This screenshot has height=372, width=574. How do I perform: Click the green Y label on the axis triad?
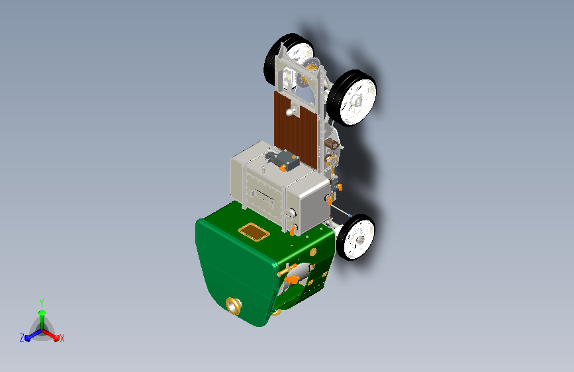(42, 303)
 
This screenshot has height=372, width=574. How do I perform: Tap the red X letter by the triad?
(62, 338)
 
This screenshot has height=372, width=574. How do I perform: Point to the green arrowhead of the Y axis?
(42, 312)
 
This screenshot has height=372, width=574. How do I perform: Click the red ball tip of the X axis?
(56, 338)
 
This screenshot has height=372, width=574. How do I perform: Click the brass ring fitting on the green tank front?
(234, 306)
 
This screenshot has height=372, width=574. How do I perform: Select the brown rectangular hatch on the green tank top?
(254, 232)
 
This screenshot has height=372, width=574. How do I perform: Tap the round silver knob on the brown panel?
(290, 113)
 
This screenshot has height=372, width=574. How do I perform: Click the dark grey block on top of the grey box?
(285, 160)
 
